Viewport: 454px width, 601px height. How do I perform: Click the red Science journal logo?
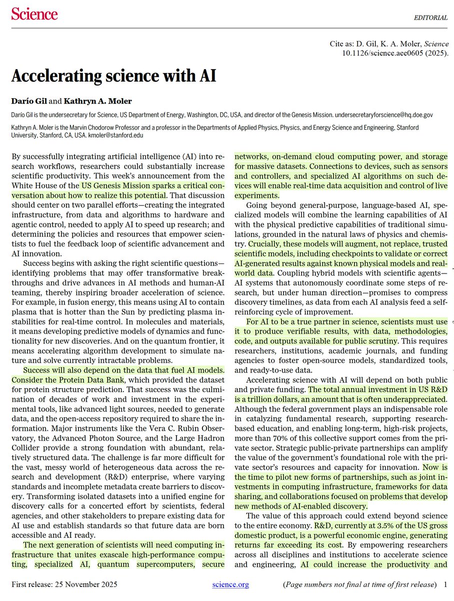pyautogui.click(x=34, y=14)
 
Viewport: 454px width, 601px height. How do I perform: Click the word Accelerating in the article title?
pyautogui.click(x=55, y=76)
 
